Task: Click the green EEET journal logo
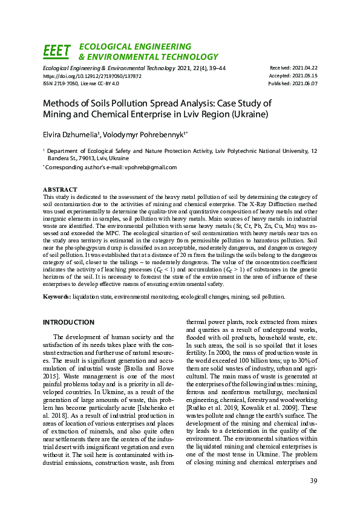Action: click(57, 51)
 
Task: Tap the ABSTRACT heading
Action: click(60, 190)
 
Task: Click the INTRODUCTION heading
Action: click(68, 322)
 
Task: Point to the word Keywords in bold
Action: click(56, 297)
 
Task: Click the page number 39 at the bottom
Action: click(313, 481)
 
